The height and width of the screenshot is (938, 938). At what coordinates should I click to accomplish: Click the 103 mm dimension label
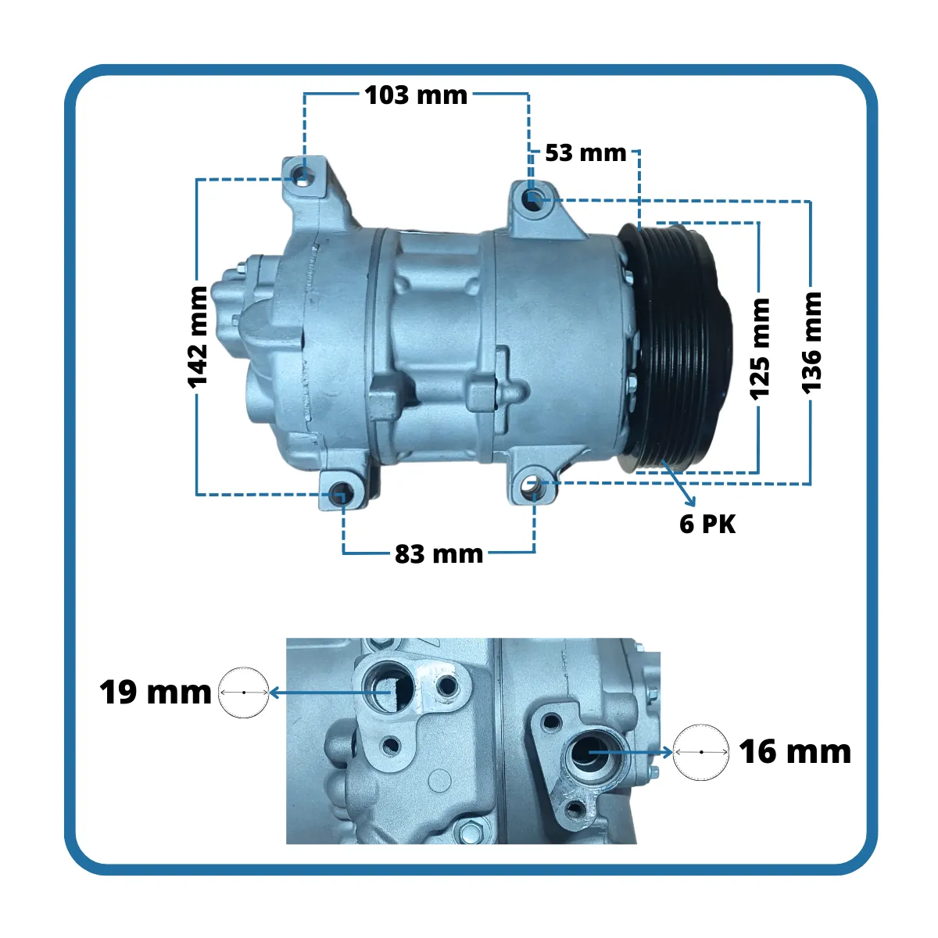pyautogui.click(x=416, y=95)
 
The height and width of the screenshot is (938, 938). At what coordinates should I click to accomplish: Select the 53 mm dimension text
pyautogui.click(x=585, y=153)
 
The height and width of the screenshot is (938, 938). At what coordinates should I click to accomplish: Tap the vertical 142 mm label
pyautogui.click(x=198, y=338)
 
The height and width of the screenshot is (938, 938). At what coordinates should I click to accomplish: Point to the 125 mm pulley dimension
pyautogui.click(x=759, y=349)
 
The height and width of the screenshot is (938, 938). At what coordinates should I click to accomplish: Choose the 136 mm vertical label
pyautogui.click(x=811, y=342)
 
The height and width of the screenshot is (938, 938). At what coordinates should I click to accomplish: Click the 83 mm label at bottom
pyautogui.click(x=439, y=554)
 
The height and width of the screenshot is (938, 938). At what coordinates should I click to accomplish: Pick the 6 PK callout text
pyautogui.click(x=707, y=524)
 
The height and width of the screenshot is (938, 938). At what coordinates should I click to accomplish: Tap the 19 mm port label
pyautogui.click(x=156, y=693)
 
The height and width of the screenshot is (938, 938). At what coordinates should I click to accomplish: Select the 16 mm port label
pyautogui.click(x=795, y=752)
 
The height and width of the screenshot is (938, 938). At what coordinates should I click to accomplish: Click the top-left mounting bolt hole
pyautogui.click(x=302, y=176)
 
